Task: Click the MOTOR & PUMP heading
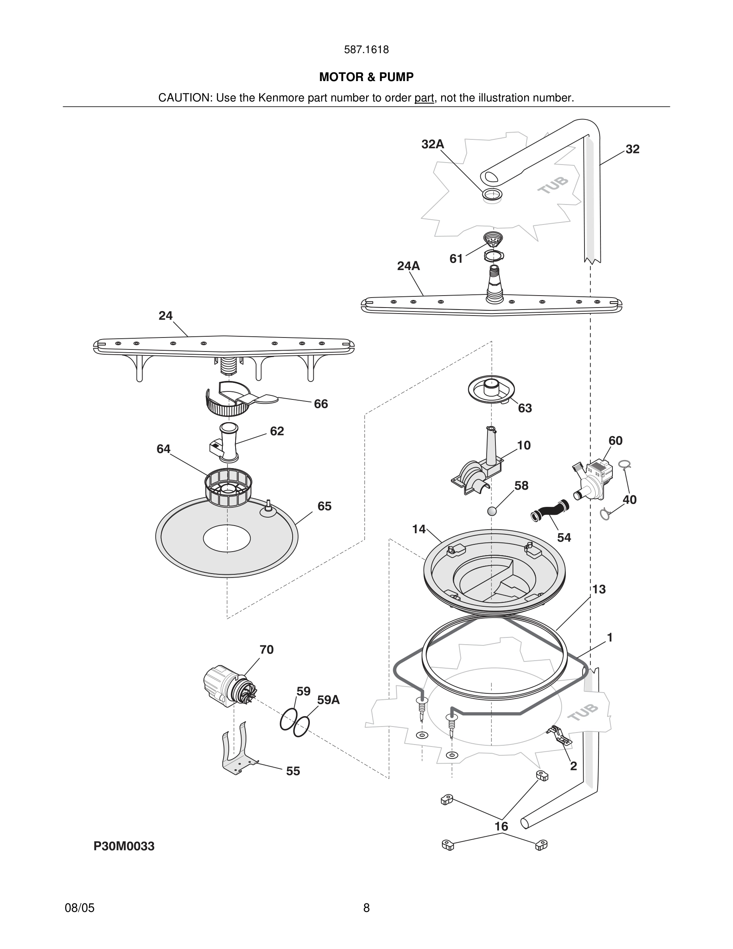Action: click(x=366, y=77)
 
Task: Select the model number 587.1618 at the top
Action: click(x=366, y=50)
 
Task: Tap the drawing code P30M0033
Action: click(x=124, y=846)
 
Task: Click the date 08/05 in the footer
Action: click(x=79, y=908)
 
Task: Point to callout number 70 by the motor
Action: click(x=266, y=649)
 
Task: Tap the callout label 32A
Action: click(x=432, y=144)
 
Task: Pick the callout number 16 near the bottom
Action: click(x=501, y=826)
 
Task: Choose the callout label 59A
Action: click(x=328, y=700)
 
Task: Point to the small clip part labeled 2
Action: click(x=559, y=735)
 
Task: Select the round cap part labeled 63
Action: click(x=491, y=389)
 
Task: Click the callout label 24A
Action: click(x=408, y=266)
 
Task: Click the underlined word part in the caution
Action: click(x=424, y=98)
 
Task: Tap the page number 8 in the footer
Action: click(x=366, y=908)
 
